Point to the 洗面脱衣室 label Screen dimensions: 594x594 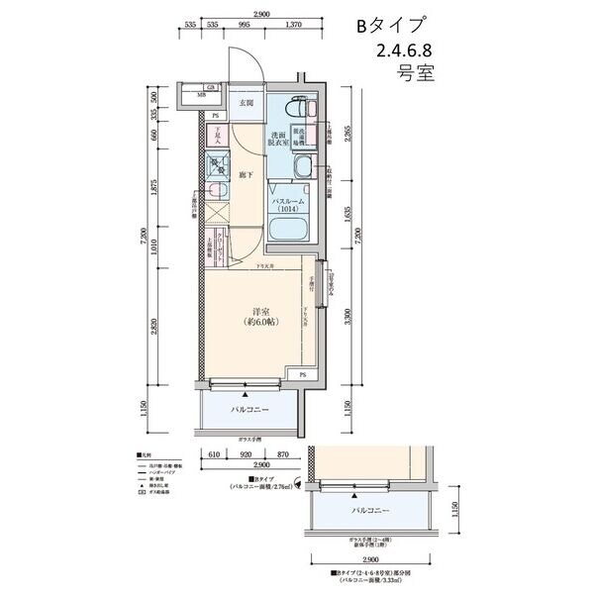279,139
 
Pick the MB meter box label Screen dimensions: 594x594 201,96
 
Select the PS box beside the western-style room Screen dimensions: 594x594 302,375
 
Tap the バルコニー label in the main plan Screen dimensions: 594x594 252,407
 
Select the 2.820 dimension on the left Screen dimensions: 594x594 147,328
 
